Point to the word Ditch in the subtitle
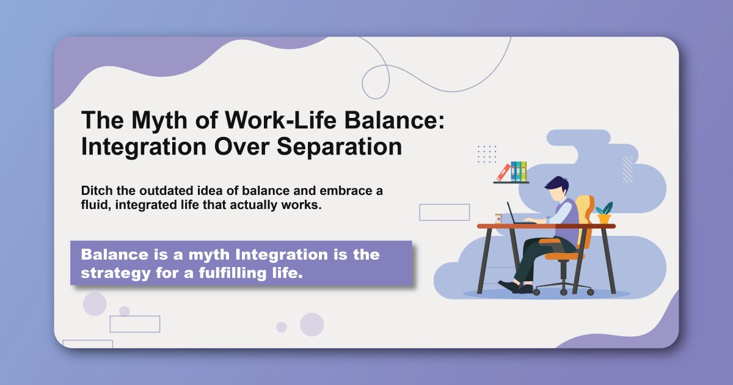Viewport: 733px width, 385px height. (x=98, y=191)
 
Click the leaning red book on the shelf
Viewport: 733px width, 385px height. (x=503, y=172)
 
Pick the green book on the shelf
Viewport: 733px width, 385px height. (x=523, y=170)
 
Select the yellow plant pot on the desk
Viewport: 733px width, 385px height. (x=604, y=218)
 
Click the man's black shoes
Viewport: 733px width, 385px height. (x=512, y=287)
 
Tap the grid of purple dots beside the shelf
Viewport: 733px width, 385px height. (x=487, y=154)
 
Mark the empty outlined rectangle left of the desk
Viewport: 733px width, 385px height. (x=444, y=212)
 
